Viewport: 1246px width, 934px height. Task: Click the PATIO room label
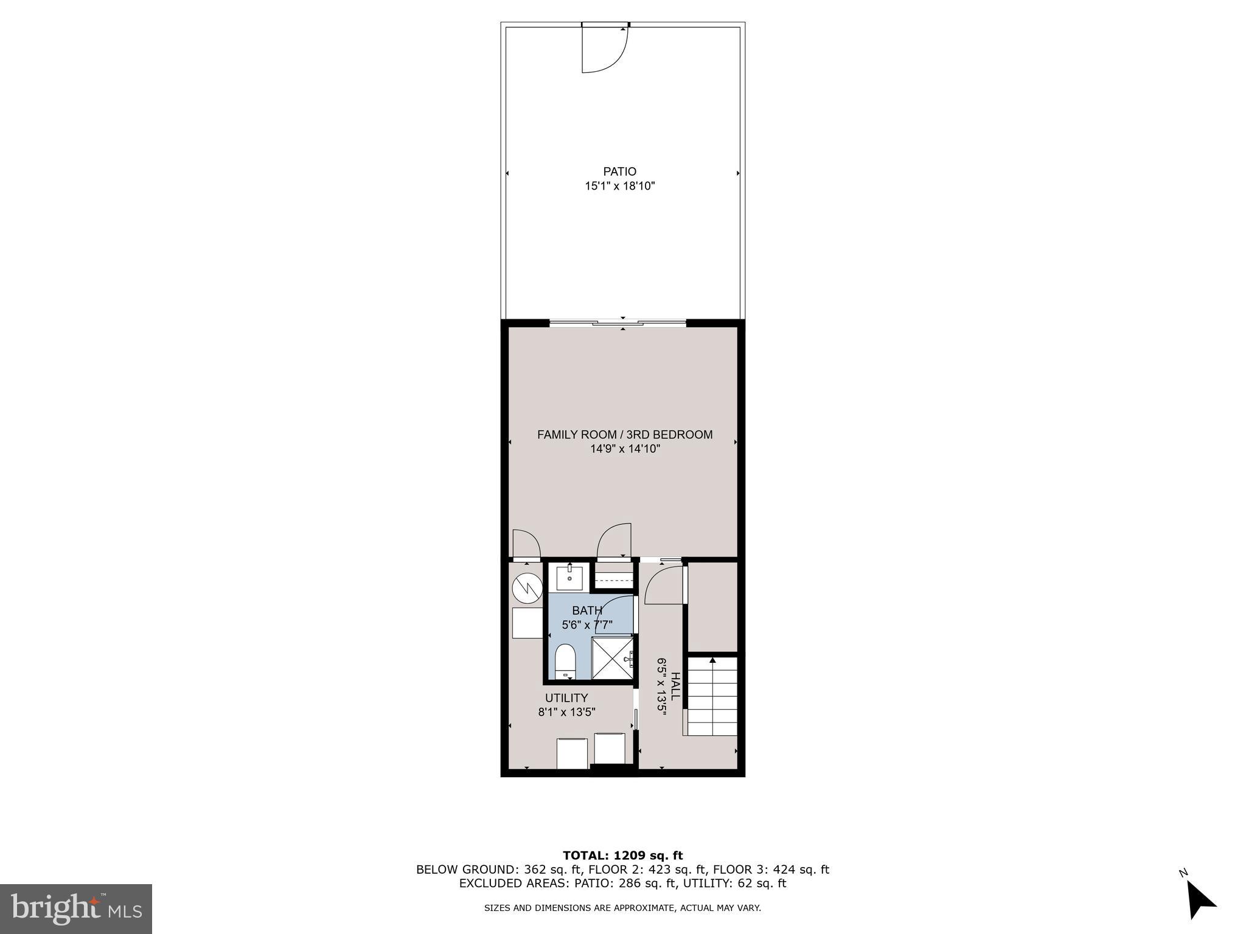point(619,172)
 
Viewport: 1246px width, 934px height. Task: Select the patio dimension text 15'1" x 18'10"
point(619,186)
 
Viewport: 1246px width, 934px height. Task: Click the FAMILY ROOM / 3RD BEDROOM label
point(624,435)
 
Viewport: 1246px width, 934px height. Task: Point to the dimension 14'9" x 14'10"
point(624,449)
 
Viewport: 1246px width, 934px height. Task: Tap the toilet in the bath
point(566,660)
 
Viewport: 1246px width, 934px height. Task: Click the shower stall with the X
point(613,658)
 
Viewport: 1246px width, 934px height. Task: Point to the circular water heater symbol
point(527,587)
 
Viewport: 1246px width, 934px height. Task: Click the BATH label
point(586,611)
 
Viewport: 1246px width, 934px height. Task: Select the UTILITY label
point(566,698)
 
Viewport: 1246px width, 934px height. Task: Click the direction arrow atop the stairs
point(712,661)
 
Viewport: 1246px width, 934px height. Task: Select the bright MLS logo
point(76,908)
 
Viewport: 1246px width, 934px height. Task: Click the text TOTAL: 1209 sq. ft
point(622,856)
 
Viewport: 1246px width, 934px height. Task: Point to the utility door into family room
point(526,545)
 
